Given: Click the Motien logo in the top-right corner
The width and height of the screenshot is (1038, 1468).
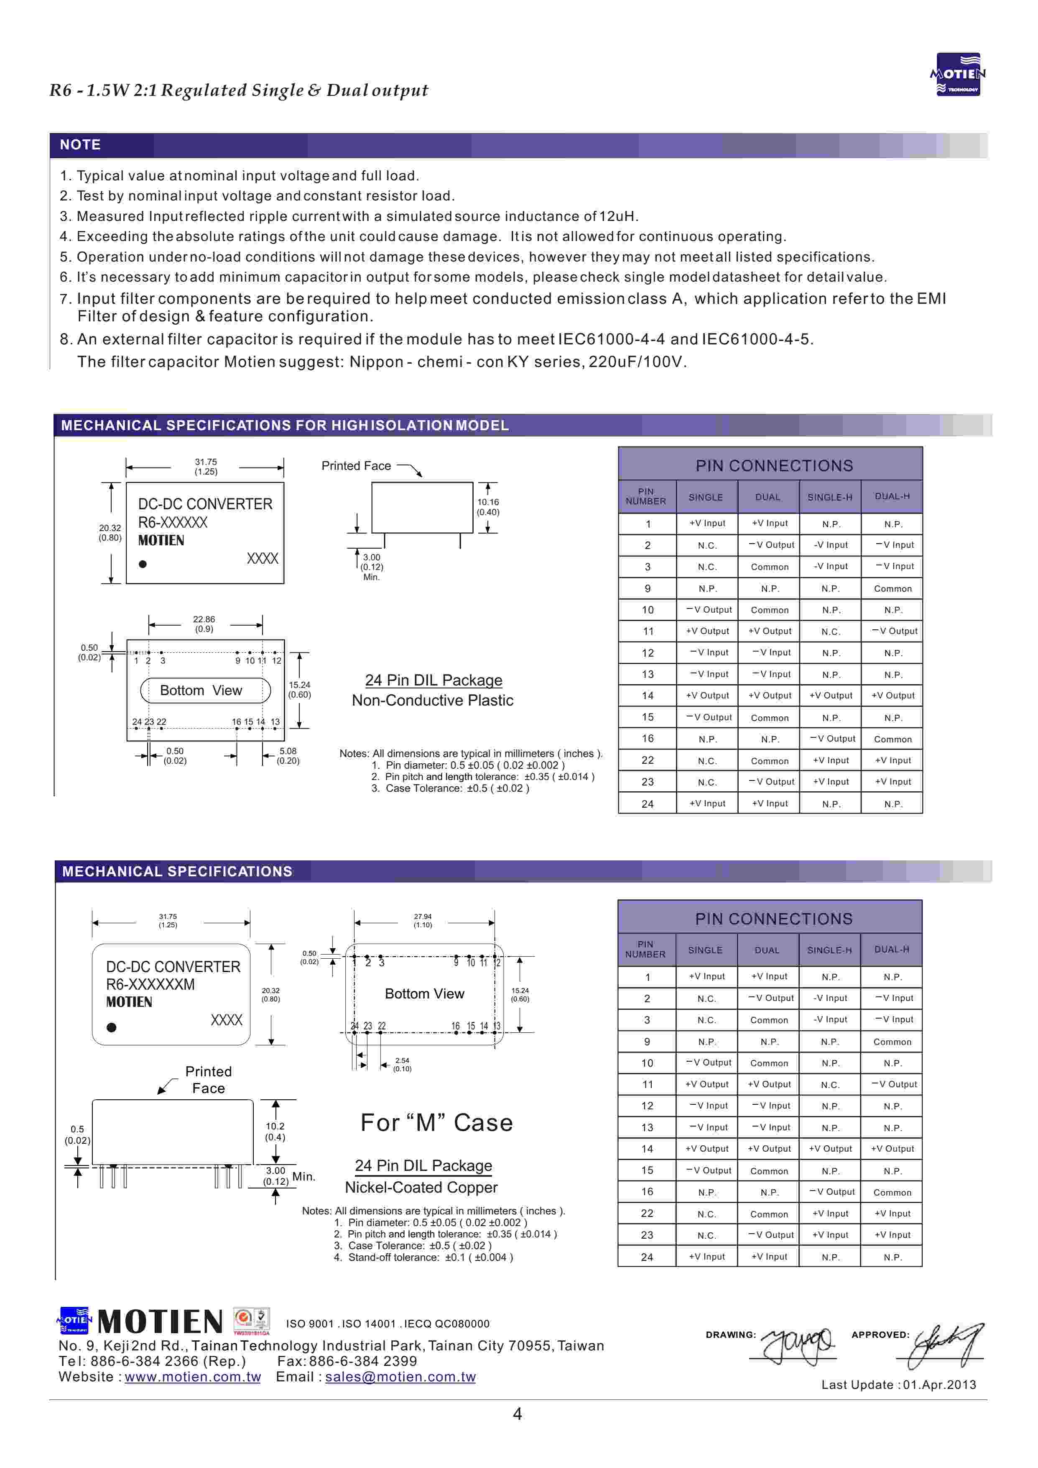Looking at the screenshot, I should point(957,74).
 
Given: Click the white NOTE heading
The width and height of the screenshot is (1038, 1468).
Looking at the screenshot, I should point(80,144).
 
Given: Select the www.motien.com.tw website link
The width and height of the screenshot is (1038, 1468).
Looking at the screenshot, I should point(192,1376).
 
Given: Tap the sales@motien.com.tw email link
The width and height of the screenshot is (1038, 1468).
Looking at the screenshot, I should point(400,1376).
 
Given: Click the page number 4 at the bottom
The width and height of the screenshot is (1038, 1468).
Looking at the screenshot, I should point(517,1414).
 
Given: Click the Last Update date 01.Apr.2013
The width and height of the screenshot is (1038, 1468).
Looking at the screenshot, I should point(940,1385).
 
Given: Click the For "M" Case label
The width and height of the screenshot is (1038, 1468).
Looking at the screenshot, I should point(436,1123).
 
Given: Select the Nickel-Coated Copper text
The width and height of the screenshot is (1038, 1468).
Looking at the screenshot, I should point(421,1187).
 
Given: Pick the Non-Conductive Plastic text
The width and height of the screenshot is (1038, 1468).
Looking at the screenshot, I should point(433,701).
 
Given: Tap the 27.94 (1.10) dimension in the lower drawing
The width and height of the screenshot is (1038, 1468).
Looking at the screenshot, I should point(423,921).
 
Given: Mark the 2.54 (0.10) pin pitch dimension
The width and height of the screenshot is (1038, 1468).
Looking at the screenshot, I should point(402,1064).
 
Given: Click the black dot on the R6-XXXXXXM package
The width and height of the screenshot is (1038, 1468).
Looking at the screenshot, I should point(112,1027).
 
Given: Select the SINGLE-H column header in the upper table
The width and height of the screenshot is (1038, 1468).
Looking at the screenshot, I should point(830,497).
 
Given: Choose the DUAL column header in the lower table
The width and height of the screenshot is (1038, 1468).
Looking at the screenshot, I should point(767,950).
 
